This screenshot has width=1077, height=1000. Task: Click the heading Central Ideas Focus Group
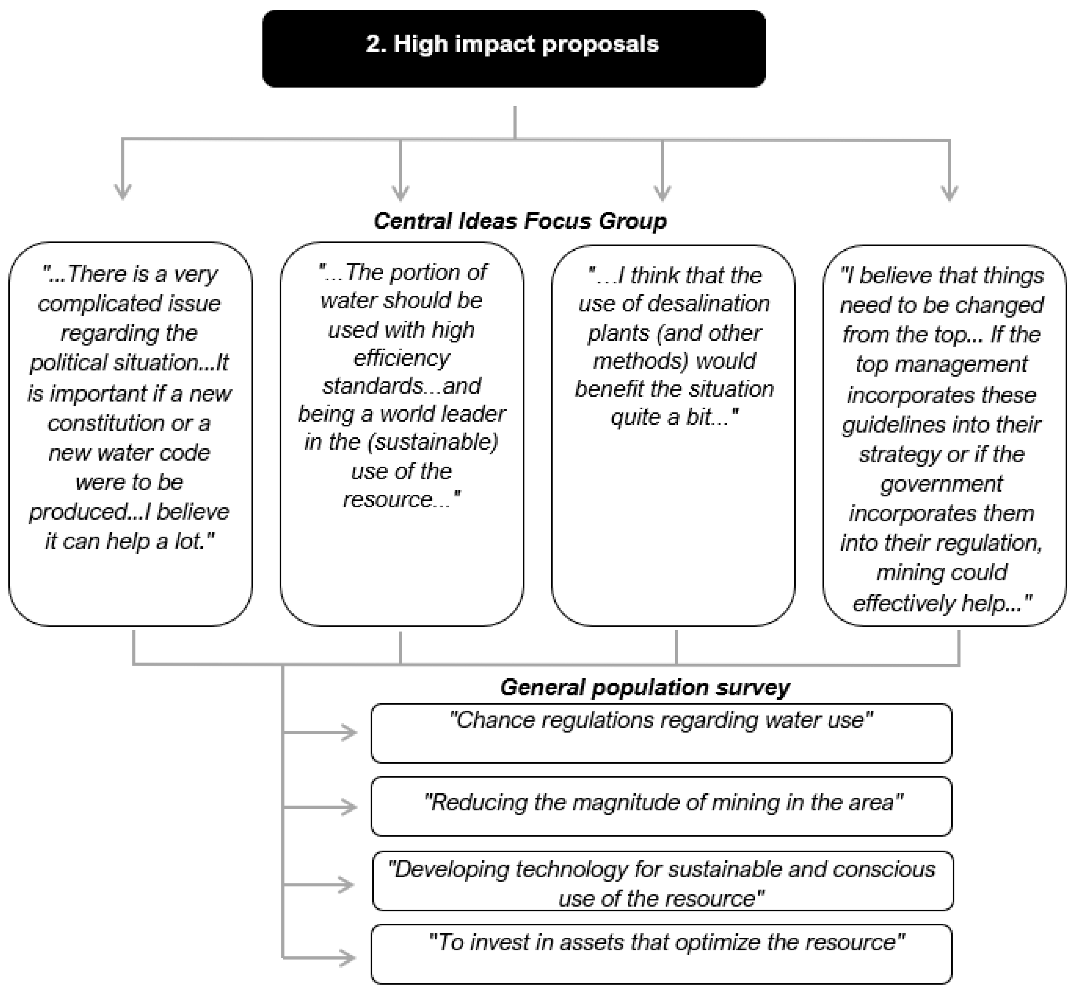pos(520,221)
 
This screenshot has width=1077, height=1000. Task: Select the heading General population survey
pos(645,687)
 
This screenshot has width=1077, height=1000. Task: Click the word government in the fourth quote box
pos(941,483)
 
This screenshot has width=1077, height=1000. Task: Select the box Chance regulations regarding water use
pos(661,733)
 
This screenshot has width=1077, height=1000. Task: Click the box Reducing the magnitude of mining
pos(661,806)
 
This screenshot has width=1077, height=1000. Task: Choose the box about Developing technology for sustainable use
pos(662,883)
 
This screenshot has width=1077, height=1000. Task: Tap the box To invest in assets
pos(661,955)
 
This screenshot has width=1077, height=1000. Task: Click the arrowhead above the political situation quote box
pos(123,192)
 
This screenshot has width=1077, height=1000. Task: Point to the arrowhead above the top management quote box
pos(949,192)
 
